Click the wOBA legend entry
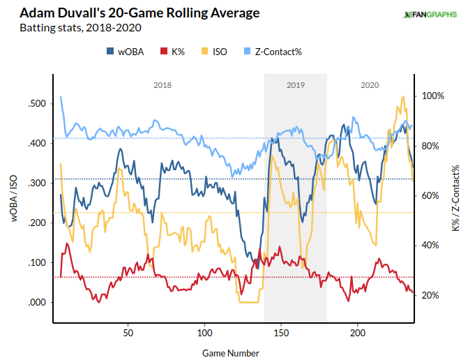click(126, 51)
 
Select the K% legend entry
click(172, 51)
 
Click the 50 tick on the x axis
click(128, 333)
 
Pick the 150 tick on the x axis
click(281, 333)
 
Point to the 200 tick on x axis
click(358, 333)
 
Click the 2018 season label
click(162, 85)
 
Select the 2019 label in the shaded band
click(296, 85)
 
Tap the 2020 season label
click(370, 85)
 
